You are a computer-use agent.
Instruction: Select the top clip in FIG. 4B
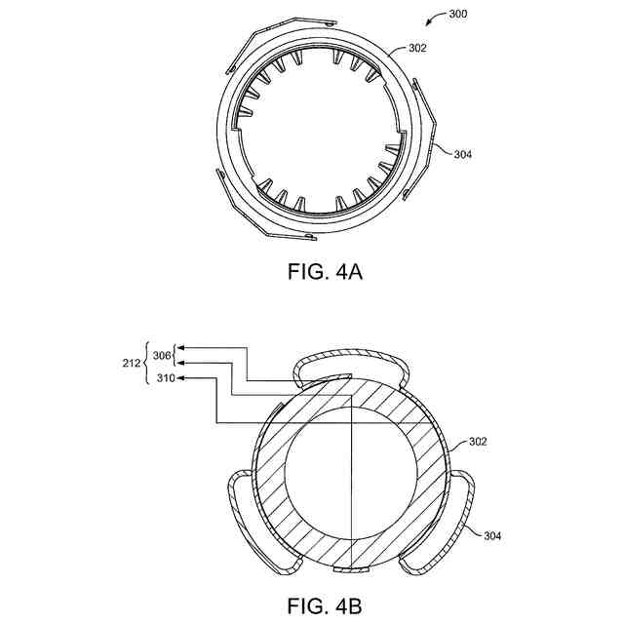click(352, 364)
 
